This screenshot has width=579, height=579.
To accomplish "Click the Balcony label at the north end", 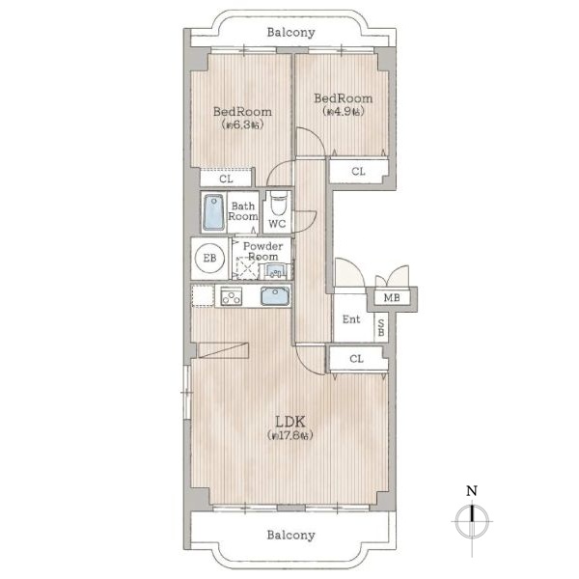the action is [x=290, y=33].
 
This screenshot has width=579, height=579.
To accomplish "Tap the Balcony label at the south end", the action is [x=290, y=535].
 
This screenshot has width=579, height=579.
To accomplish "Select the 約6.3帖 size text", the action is [x=242, y=124].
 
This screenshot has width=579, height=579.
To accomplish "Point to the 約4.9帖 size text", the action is [x=343, y=111].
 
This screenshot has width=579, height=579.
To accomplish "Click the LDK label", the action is [x=290, y=422].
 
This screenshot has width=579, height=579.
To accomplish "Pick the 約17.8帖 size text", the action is [x=290, y=436].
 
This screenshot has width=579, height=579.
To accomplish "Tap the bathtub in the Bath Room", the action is [x=214, y=212].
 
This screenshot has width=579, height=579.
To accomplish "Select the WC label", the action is [x=277, y=224].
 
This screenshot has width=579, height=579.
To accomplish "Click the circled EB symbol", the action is [x=209, y=258].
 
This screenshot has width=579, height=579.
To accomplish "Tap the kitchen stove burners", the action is [x=232, y=296].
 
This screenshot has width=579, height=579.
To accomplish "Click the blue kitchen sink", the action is [x=275, y=296].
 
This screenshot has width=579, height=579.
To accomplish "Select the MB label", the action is [x=392, y=297].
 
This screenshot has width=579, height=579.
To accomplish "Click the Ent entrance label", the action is [x=351, y=319].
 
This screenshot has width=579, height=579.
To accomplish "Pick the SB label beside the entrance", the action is [x=381, y=328].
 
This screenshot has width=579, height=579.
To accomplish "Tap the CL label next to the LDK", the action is [x=356, y=359].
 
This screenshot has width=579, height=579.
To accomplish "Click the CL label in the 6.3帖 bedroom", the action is [x=226, y=179].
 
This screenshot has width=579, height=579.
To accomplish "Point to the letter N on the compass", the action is [x=472, y=491].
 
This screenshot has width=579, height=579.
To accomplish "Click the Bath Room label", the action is [x=242, y=211].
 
